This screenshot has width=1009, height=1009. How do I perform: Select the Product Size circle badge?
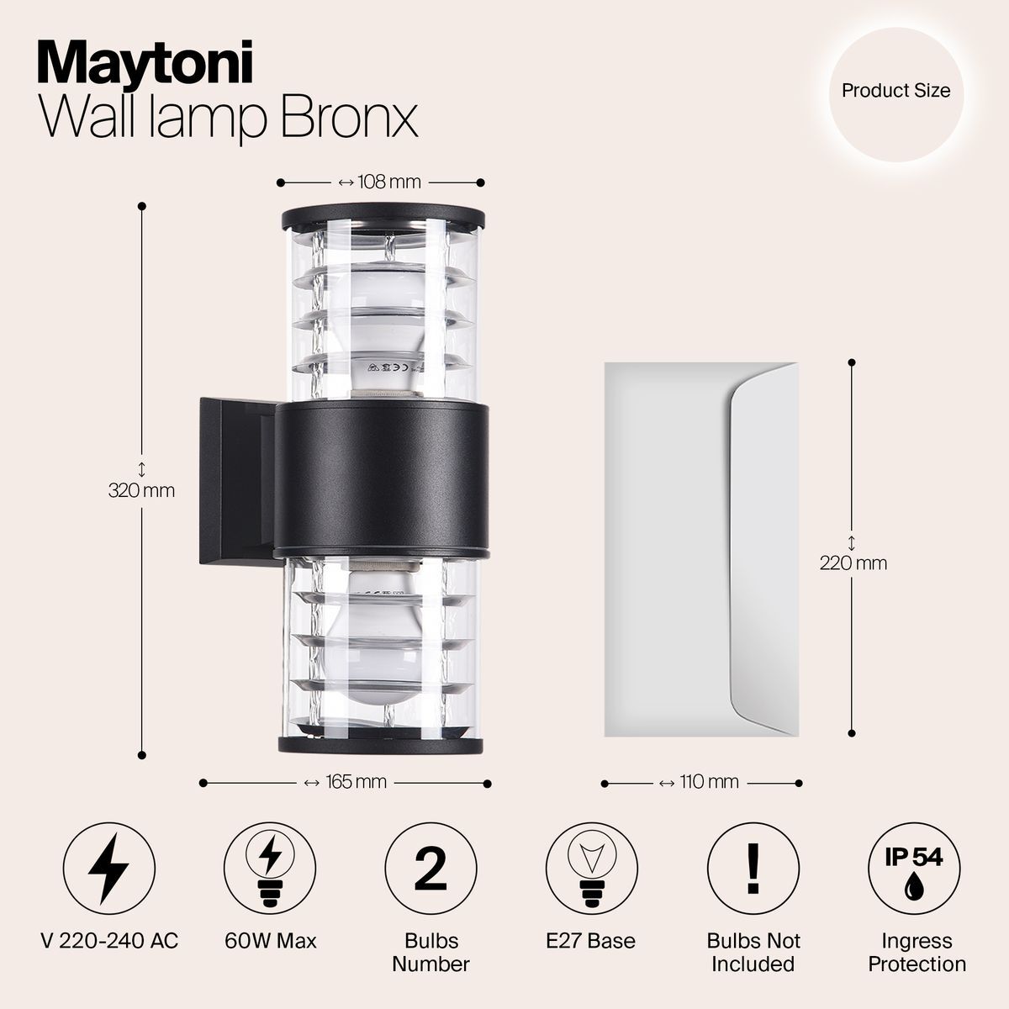click(x=895, y=91)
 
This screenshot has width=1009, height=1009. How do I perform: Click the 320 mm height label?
click(x=141, y=489)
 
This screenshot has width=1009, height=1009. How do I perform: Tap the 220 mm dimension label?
click(x=853, y=563)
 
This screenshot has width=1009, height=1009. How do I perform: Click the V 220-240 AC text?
click(x=109, y=940)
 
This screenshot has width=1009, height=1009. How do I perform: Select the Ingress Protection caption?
click(x=917, y=952)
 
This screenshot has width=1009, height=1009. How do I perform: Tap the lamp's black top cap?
click(x=383, y=216)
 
